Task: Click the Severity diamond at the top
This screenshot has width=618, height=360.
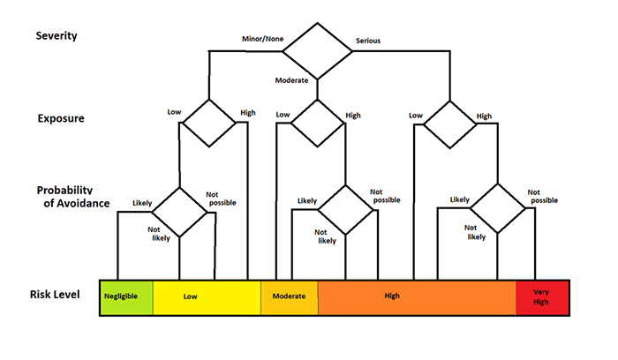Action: coord(316,52)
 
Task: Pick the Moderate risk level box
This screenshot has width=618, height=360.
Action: coord(289,297)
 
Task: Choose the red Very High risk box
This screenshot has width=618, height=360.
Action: coord(542,297)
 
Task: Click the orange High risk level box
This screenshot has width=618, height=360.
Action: coord(416,297)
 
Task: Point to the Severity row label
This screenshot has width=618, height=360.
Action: coord(55,36)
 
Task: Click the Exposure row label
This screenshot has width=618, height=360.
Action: coord(60,118)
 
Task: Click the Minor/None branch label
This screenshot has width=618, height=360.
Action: coord(261,39)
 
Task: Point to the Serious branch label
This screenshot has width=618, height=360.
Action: coord(368,41)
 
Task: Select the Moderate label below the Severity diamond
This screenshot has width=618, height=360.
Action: coord(292,80)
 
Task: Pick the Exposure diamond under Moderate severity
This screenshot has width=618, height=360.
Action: coord(316,123)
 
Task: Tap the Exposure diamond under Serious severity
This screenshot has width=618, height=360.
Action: coord(448,123)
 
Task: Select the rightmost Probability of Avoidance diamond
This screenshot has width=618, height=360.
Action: coord(497,209)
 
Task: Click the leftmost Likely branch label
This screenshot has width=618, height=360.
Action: coord(142,203)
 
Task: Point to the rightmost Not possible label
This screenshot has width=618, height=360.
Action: coord(543,196)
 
